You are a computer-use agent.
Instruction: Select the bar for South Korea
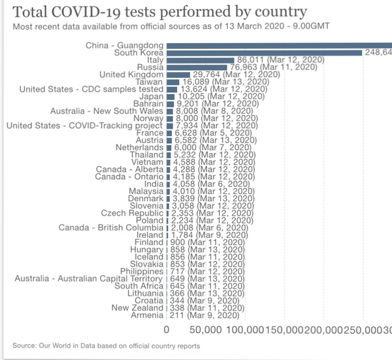[x=265, y=52]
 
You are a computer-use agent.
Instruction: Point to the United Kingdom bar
[x=178, y=74]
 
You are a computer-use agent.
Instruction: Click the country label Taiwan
[x=150, y=82]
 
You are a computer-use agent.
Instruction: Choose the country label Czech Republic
[x=132, y=213]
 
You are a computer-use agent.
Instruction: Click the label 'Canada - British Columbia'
[x=111, y=227]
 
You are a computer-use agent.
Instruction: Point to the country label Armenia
[x=146, y=315]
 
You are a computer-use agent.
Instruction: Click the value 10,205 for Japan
[x=189, y=96]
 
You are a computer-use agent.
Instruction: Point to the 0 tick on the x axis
[x=167, y=331]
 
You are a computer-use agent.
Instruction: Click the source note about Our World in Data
[x=106, y=346]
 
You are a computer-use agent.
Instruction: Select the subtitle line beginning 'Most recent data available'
[x=152, y=27]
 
